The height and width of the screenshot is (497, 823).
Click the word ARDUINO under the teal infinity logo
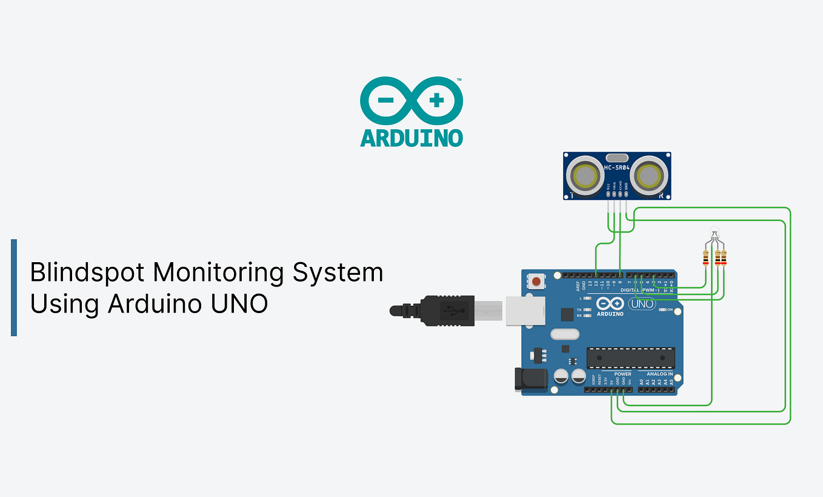[411, 137]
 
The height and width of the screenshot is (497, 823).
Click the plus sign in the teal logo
[436, 101]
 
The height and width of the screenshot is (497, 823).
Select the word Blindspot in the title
[86, 272]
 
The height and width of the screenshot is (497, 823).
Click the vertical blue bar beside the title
[14, 287]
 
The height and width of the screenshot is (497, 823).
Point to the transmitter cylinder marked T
[586, 176]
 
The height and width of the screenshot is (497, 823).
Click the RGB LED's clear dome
[715, 231]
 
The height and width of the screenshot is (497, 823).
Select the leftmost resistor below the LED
[705, 259]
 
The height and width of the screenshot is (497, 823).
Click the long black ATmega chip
[630, 359]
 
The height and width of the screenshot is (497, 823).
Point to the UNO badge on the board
[642, 303]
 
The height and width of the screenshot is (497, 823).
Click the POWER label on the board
[622, 374]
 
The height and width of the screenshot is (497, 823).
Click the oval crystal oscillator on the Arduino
[565, 334]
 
